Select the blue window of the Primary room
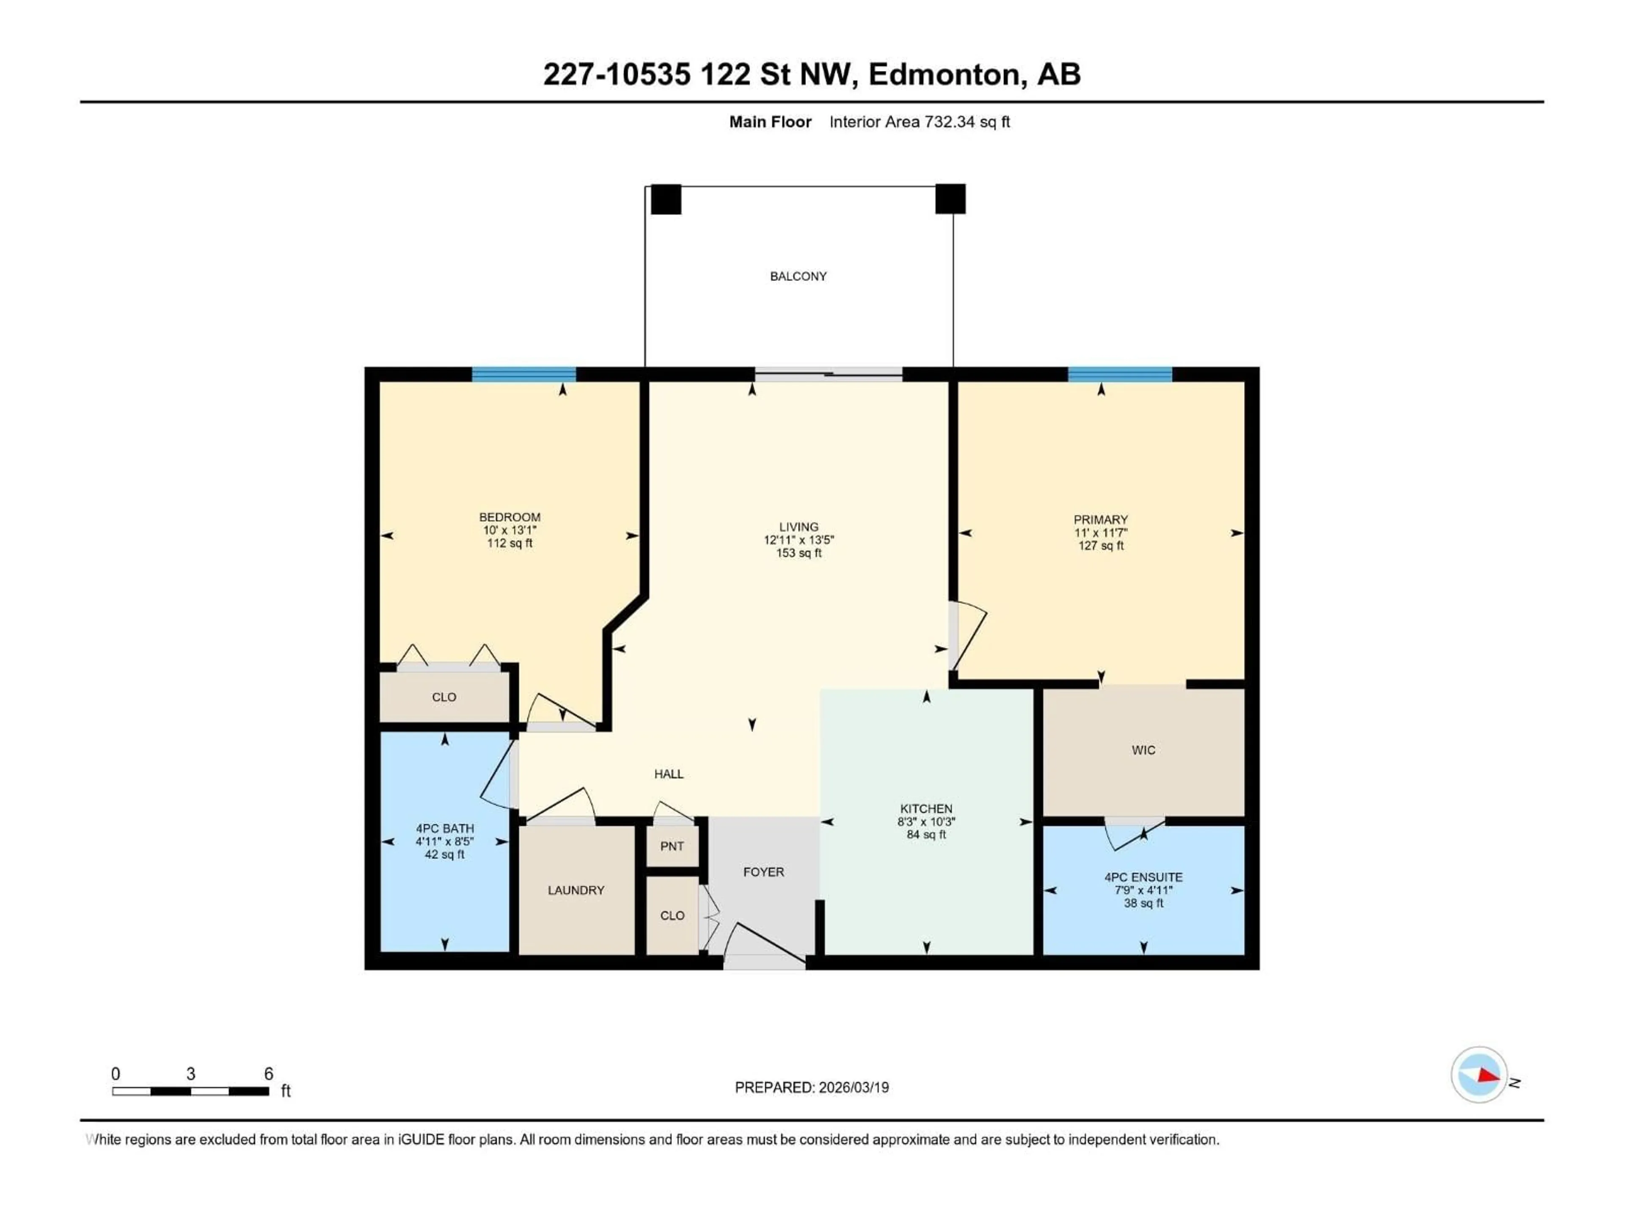coord(1120,375)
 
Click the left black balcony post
coord(666,199)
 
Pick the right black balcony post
coord(950,199)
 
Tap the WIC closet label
coord(1143,750)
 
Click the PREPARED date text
coord(812,1087)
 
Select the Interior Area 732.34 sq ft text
coord(919,122)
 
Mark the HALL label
coord(669,774)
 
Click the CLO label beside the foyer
coord(672,916)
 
